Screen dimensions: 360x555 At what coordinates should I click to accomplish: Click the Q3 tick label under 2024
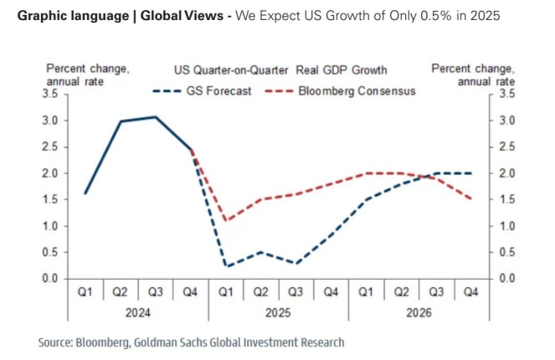(x=156, y=292)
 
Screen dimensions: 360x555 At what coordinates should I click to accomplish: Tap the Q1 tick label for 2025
(x=226, y=292)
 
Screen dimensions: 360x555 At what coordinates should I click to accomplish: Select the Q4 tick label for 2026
(x=471, y=292)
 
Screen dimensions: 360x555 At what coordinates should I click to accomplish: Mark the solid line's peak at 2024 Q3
(x=156, y=117)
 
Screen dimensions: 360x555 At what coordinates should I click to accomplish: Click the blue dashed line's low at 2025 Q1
(x=226, y=266)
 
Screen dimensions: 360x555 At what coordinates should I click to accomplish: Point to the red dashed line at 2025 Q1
(x=226, y=221)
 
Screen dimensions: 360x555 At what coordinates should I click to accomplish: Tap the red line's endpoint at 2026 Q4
(x=471, y=199)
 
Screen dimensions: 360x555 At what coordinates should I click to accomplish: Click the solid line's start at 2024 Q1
(x=85, y=193)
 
